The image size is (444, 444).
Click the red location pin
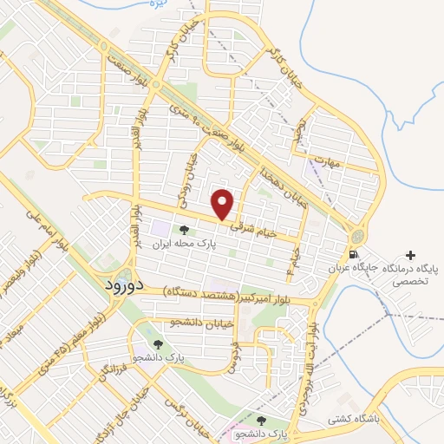pyautogui.click(x=224, y=203)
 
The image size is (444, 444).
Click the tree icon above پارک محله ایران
pyautogui.click(x=184, y=230)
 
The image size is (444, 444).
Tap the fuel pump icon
pyautogui.click(x=353, y=254)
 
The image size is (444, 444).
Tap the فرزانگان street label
pyautogui.click(x=107, y=373)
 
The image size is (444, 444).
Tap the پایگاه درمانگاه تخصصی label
pyautogui.click(x=407, y=276)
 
